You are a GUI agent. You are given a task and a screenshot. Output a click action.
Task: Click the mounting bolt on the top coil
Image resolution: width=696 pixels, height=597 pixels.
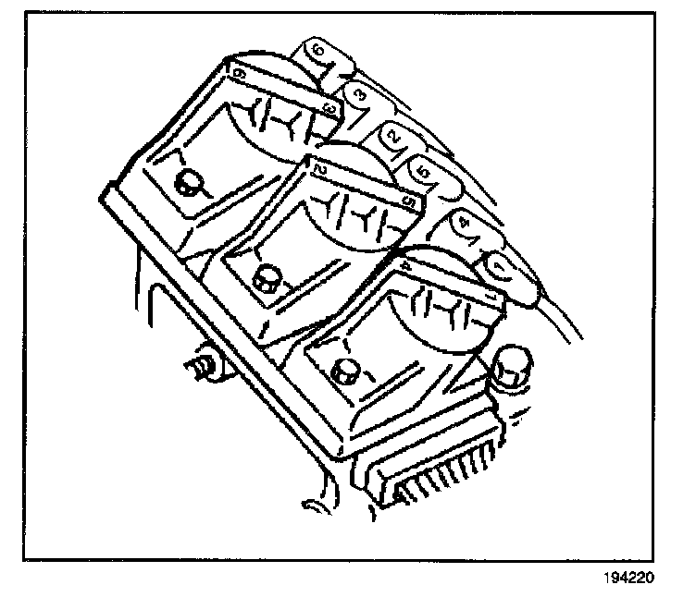[190, 182]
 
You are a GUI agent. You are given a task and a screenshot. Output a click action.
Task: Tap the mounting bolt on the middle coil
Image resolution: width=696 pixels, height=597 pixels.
[268, 274]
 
